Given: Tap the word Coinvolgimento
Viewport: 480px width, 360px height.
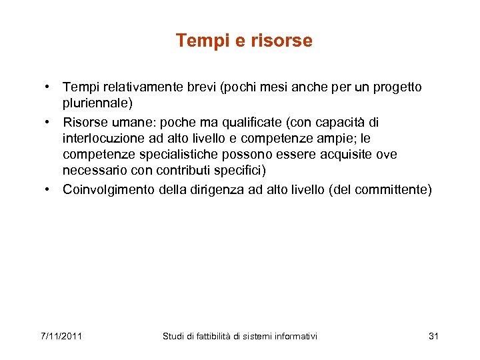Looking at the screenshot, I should (109, 190).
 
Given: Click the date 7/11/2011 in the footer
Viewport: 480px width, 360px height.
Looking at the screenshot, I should (61, 336).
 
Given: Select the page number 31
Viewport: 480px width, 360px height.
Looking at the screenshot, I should (433, 336).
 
